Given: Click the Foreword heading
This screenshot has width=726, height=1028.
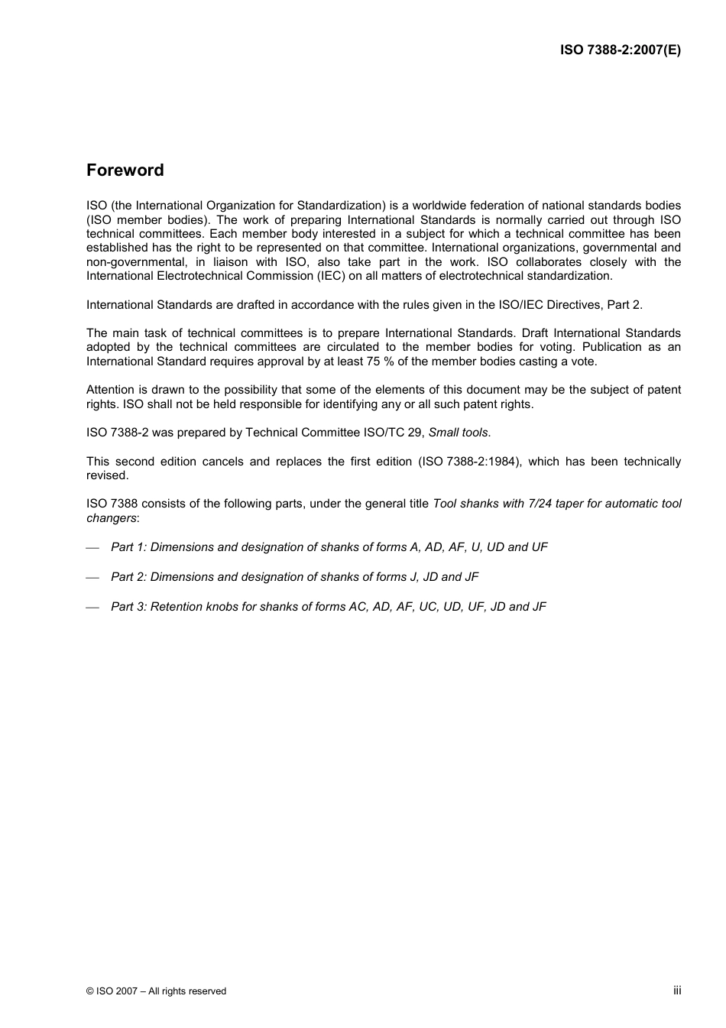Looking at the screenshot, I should pos(125,170).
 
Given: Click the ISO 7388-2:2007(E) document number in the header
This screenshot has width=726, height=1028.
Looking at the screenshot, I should pos(620,50).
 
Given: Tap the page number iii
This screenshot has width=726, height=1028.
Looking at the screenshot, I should pos(677,990).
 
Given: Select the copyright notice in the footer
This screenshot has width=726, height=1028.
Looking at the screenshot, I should pos(156,991).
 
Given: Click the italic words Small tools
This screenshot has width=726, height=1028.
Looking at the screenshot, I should pos(458,433).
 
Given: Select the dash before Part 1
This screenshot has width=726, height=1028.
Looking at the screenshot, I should pos(93,548).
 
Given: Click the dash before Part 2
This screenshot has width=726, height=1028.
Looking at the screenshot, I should pos(93,578).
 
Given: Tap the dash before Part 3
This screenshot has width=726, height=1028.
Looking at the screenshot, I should pos(93,608).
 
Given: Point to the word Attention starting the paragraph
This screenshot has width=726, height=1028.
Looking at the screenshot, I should pos(110,390).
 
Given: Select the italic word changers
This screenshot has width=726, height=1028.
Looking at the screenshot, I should pos(111,518).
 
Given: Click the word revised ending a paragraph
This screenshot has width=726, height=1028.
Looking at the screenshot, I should pos(106,475).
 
